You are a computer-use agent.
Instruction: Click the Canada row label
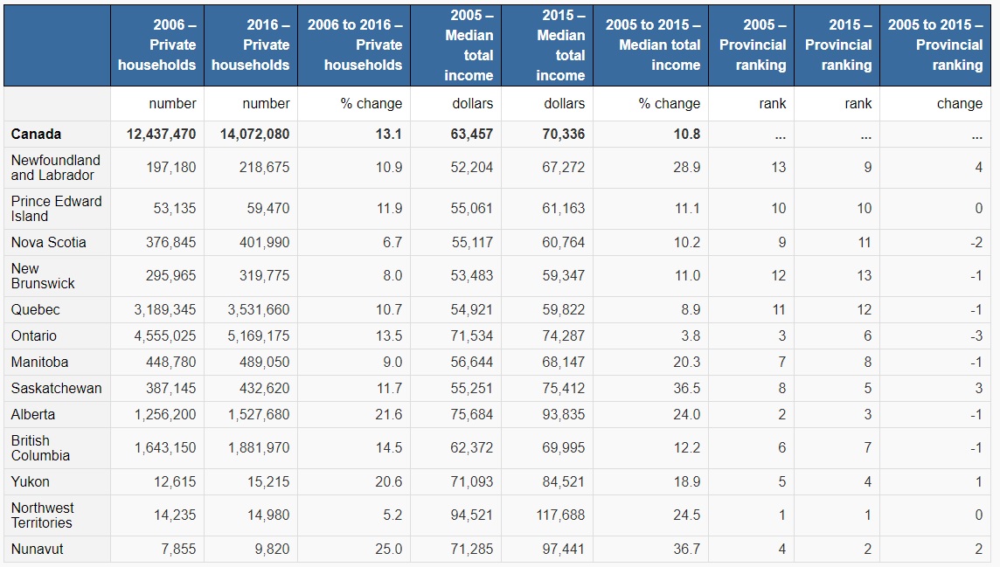pos(37,135)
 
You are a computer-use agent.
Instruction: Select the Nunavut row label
pos(38,550)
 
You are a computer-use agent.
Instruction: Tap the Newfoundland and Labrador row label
pos(56,168)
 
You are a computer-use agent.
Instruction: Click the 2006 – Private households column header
pos(157,45)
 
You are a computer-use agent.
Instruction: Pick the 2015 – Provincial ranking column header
pos(838,45)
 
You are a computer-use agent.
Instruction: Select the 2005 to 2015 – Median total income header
pos(652,45)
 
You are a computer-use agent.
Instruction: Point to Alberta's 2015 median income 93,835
pos(563,415)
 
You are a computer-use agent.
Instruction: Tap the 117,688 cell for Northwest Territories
pos(560,515)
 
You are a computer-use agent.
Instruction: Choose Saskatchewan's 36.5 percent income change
pos(686,389)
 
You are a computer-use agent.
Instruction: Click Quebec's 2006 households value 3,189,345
pos(165,310)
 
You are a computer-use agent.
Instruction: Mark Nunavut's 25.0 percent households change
pos(388,550)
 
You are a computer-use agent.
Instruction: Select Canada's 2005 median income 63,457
pos(472,135)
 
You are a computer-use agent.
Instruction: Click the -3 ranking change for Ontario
pos(976,336)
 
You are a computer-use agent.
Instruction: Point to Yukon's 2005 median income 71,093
pos(472,482)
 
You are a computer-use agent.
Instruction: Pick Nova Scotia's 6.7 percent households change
pos(392,243)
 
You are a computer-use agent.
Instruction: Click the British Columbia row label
pos(41,448)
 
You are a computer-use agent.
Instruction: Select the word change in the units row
pos(960,104)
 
